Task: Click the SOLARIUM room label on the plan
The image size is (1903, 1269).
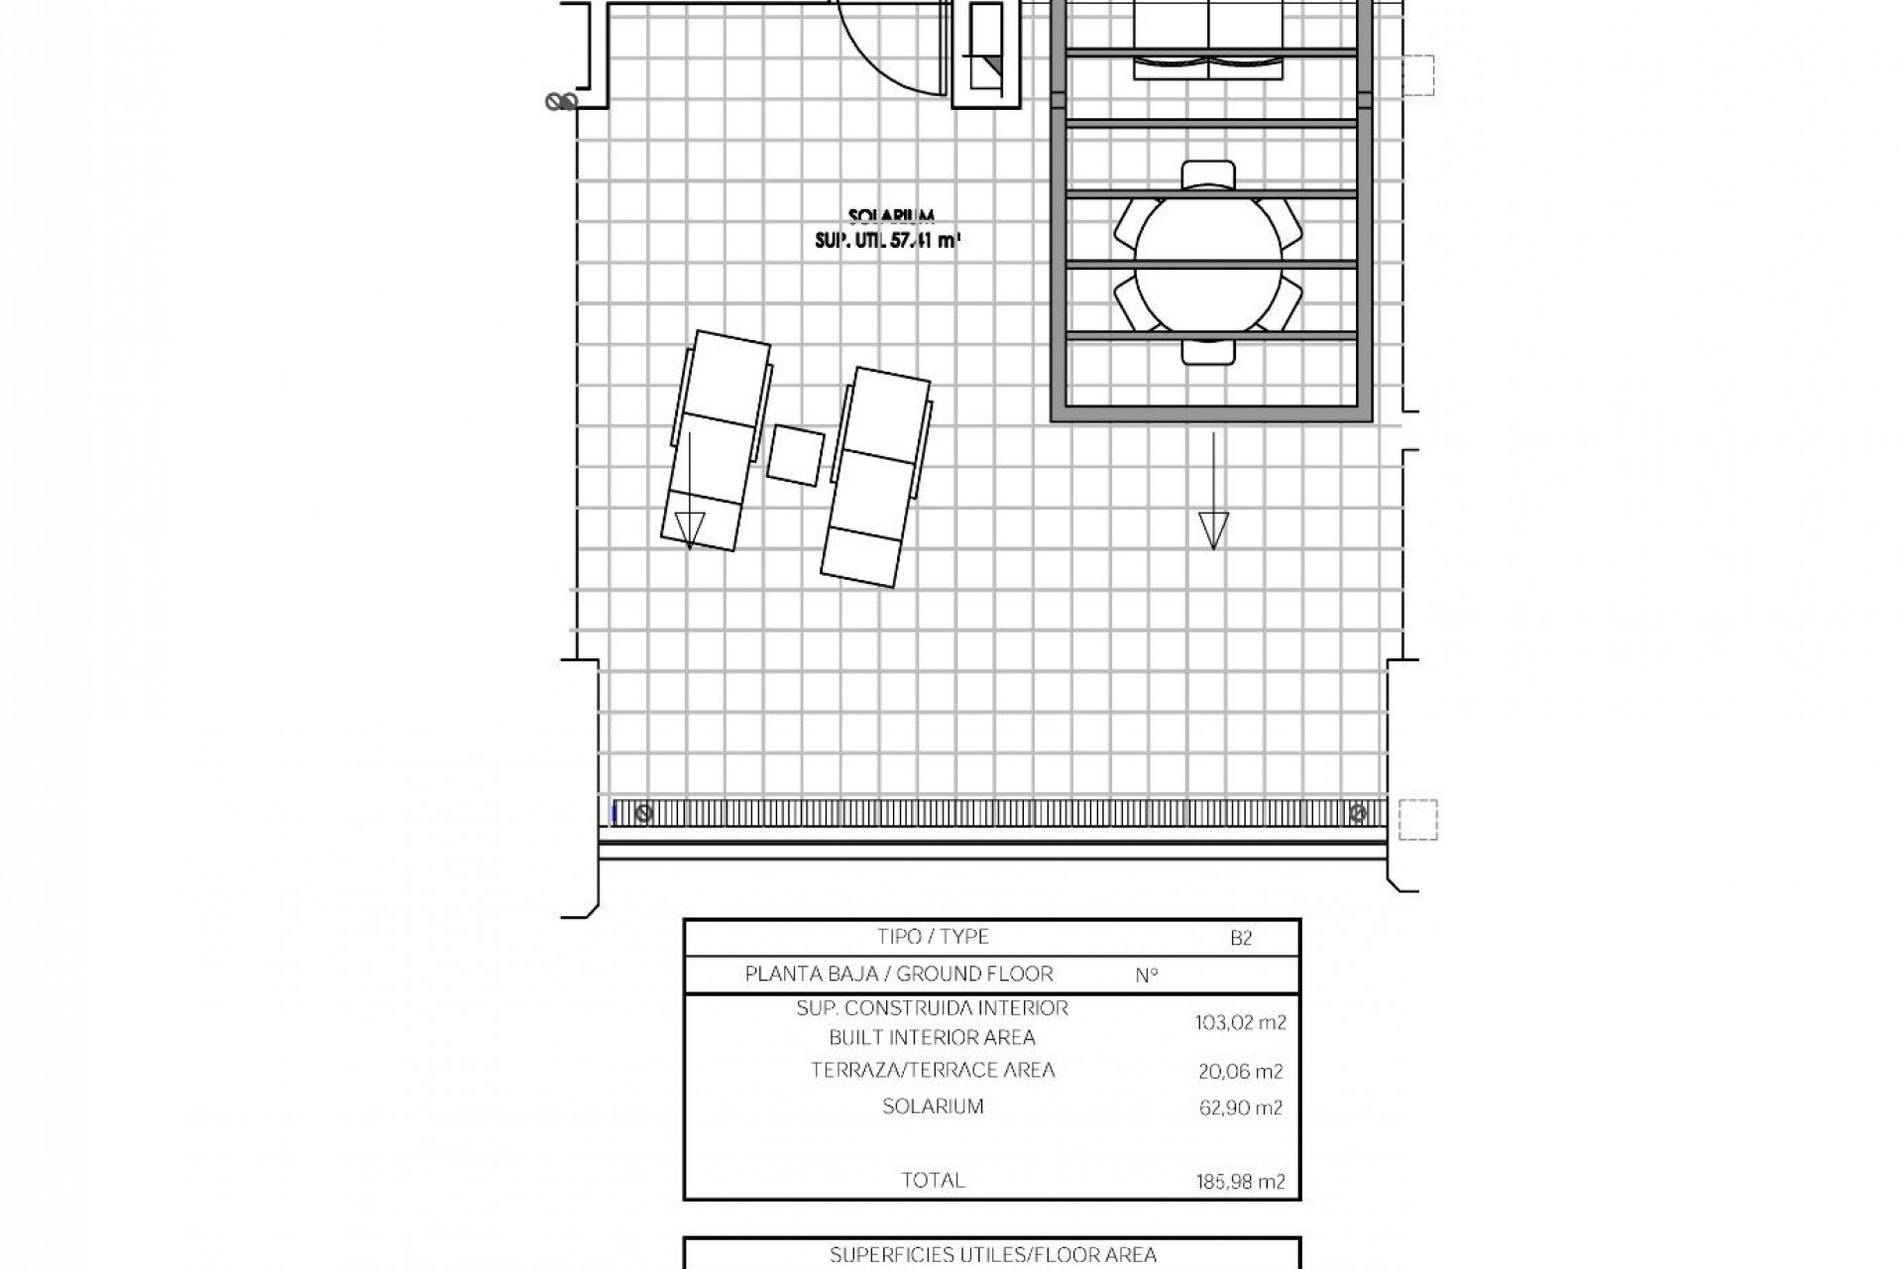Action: click(892, 216)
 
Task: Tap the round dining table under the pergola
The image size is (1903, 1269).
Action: click(1208, 265)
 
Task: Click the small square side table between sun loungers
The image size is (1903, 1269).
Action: click(796, 455)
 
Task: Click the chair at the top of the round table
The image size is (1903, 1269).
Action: click(1208, 175)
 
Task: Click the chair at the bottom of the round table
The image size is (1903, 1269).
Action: click(1208, 351)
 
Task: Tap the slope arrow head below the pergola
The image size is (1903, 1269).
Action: click(1213, 529)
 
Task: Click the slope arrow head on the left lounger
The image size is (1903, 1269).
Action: click(689, 529)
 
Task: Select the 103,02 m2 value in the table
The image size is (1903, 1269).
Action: click(1240, 1023)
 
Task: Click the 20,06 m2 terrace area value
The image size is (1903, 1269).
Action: click(1240, 1071)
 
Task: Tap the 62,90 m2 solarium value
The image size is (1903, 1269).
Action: click(1240, 1108)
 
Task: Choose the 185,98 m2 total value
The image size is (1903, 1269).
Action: click(1240, 1181)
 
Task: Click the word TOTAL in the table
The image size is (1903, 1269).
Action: click(933, 1180)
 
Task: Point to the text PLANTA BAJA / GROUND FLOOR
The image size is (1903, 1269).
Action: click(899, 974)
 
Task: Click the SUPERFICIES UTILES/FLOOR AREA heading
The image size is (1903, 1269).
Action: click(992, 1255)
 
